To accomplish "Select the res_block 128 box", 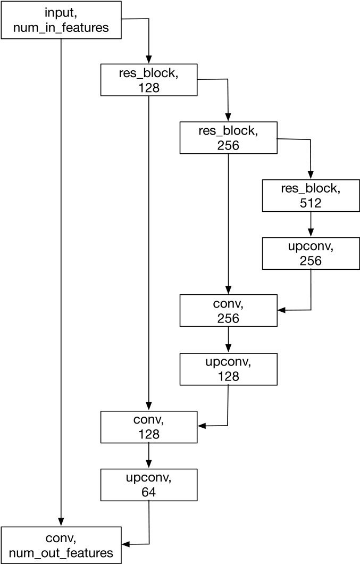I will [x=149, y=80].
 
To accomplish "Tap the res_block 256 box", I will [x=228, y=137].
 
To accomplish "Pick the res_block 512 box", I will [x=311, y=195].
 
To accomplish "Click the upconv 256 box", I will [x=311, y=253].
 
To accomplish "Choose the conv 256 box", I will [x=228, y=311].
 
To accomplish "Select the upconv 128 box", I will [x=228, y=369].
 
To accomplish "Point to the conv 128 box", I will [x=149, y=427].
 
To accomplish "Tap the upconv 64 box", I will [x=149, y=485].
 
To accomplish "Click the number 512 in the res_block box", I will [x=311, y=202].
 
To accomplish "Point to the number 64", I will [x=149, y=492].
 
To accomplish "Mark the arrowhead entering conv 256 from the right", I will [x=281, y=310].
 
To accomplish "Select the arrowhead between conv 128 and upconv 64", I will [x=149, y=465].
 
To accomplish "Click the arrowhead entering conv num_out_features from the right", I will [x=127, y=544].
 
